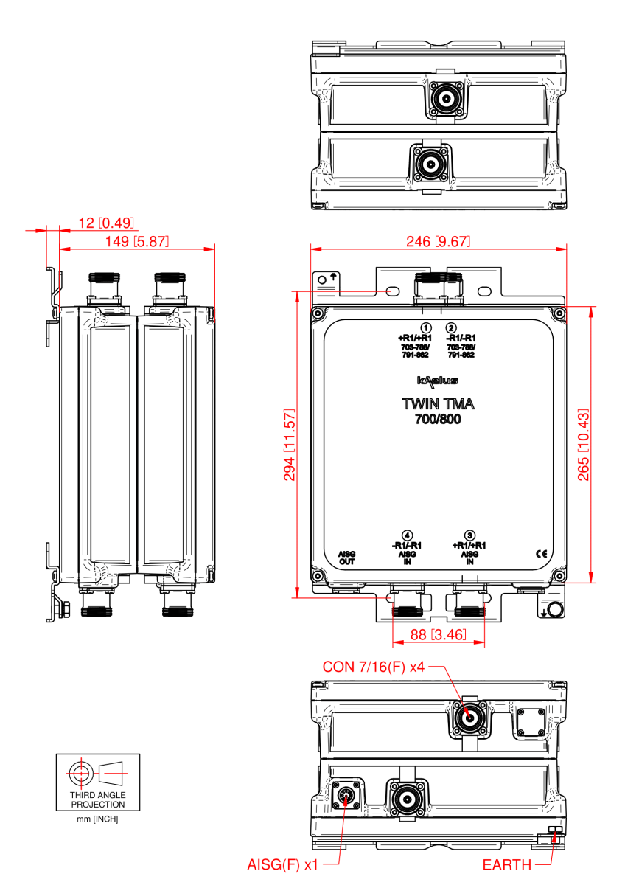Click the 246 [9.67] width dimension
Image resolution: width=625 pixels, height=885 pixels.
(x=438, y=242)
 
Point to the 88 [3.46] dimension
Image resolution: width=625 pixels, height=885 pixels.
(x=438, y=634)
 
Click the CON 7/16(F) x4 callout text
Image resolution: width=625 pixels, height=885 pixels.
(x=374, y=667)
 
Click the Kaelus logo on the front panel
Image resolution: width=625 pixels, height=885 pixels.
(x=438, y=381)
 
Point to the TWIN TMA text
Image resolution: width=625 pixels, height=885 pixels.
(x=438, y=405)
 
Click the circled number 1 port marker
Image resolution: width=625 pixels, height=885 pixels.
(x=425, y=327)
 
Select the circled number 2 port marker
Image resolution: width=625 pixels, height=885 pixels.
(x=452, y=327)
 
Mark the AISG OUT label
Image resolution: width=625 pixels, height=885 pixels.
(x=346, y=558)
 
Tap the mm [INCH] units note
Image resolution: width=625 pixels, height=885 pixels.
(x=98, y=819)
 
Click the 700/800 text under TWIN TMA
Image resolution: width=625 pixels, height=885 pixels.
(x=438, y=420)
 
